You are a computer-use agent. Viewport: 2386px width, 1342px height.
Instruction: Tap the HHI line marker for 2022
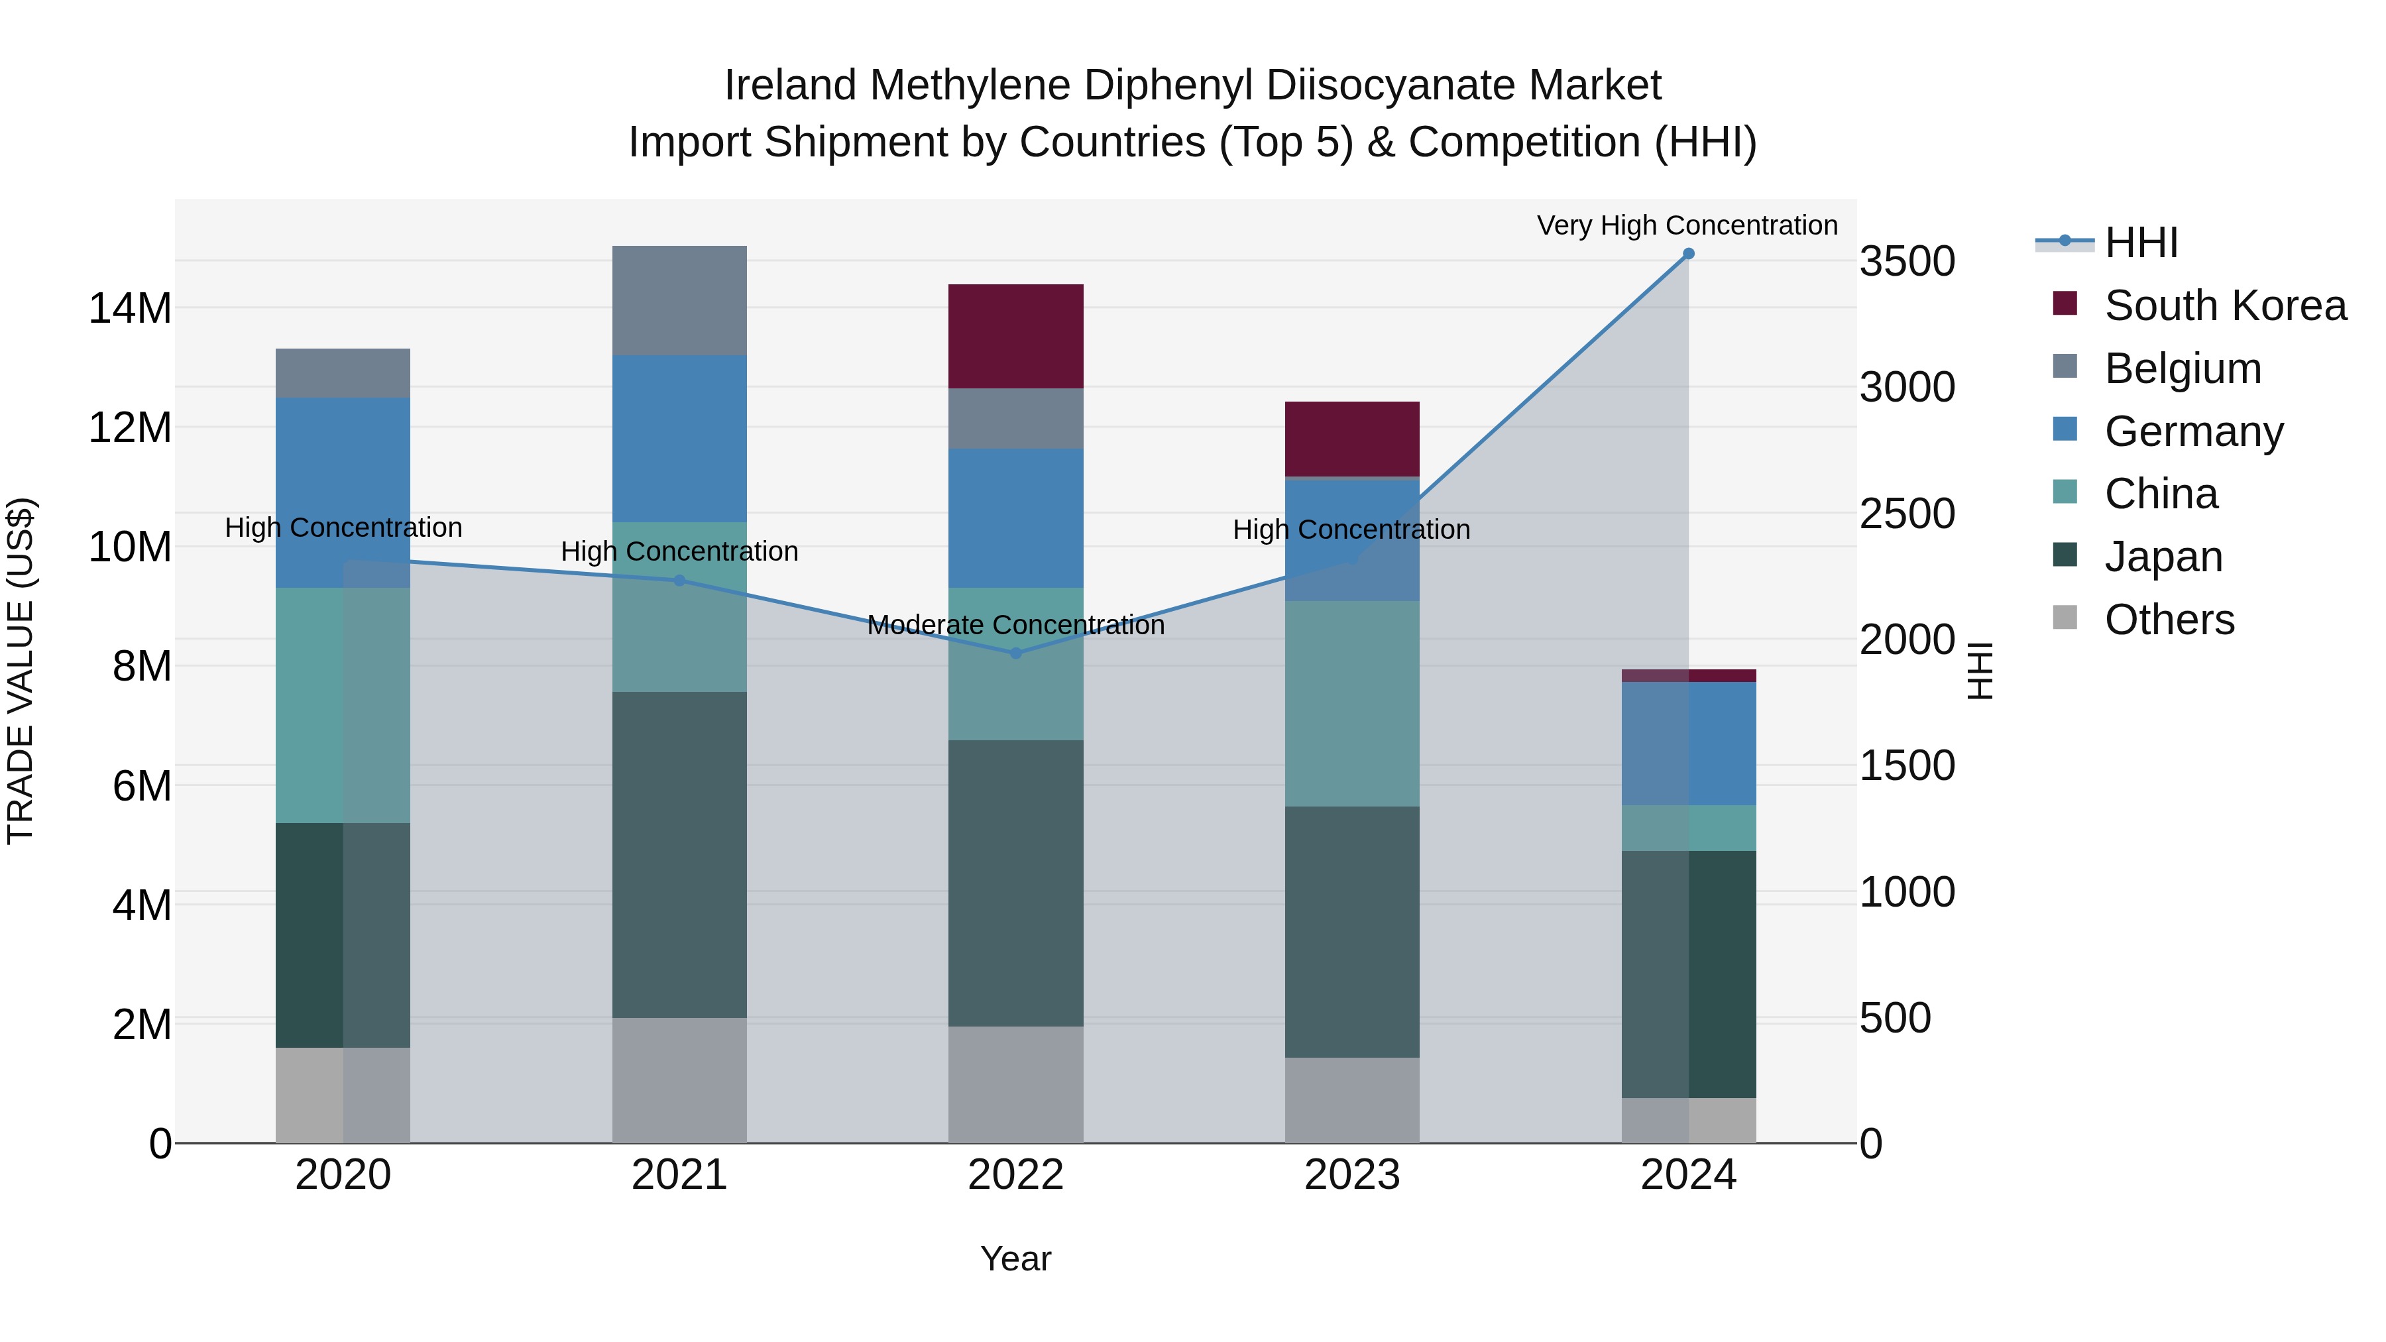click(x=1015, y=653)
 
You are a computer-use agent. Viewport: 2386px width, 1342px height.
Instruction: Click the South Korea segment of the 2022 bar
click(x=1015, y=336)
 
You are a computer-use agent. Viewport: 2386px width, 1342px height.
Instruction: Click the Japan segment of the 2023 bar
click(x=1351, y=932)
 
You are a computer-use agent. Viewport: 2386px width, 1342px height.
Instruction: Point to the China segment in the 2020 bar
click(x=343, y=705)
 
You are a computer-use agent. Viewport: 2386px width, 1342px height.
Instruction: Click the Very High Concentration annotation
click(x=1687, y=225)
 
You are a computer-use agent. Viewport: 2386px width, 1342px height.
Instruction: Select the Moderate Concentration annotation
click(x=1015, y=625)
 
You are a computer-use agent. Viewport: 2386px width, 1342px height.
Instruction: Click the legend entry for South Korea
click(x=2225, y=306)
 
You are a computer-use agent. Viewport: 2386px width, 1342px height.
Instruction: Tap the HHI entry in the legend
click(x=2141, y=243)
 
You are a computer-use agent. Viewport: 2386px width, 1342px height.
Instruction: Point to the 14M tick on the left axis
click(x=130, y=308)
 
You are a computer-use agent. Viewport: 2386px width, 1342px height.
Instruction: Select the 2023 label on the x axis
click(x=1351, y=1175)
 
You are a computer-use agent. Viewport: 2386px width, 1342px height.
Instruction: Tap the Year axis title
click(x=1015, y=1258)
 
